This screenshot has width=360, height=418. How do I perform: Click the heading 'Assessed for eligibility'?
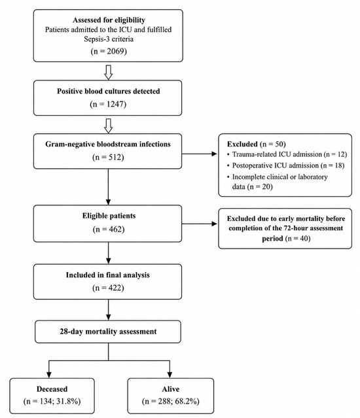(109, 20)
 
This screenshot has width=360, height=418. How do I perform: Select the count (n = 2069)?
(109, 51)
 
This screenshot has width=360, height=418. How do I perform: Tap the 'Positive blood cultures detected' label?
(108, 91)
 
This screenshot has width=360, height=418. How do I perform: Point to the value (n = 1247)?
(108, 104)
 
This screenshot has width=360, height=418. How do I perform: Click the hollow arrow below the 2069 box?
(108, 72)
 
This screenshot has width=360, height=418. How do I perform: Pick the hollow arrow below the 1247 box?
(108, 126)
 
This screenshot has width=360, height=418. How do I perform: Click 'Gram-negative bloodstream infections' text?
(108, 144)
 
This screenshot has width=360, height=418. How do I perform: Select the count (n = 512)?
(108, 157)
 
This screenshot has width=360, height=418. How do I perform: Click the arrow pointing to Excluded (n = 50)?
(200, 154)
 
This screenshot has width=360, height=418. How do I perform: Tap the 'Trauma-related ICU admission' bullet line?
(287, 154)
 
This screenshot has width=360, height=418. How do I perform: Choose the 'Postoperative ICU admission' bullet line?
(285, 165)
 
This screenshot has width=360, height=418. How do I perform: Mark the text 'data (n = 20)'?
(252, 186)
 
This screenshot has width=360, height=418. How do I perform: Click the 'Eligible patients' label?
(109, 216)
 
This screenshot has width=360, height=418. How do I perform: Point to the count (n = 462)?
(109, 229)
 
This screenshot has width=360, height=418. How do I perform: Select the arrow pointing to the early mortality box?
(200, 224)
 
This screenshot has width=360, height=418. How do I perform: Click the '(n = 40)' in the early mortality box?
(298, 238)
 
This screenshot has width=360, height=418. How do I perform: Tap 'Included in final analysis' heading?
(108, 275)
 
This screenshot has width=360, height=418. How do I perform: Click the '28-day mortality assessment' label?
(108, 332)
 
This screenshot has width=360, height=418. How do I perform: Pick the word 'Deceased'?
(52, 389)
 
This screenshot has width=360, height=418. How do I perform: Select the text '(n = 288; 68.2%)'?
(171, 401)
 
